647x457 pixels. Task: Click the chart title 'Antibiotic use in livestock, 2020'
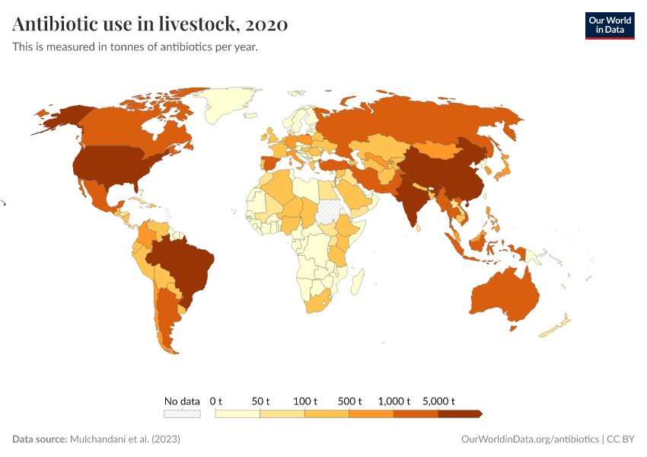point(150,25)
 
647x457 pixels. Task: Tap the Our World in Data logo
point(609,25)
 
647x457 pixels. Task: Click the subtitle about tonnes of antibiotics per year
point(135,47)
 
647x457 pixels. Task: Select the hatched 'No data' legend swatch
point(182,414)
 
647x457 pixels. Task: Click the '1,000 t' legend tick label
point(394,401)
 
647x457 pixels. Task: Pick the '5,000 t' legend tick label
point(439,401)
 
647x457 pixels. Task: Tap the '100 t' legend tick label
point(305,401)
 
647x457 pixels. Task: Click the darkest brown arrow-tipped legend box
point(460,414)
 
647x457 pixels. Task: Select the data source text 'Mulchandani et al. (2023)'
point(125,439)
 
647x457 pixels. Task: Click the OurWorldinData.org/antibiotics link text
point(530,439)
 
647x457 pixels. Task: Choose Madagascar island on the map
point(355,283)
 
